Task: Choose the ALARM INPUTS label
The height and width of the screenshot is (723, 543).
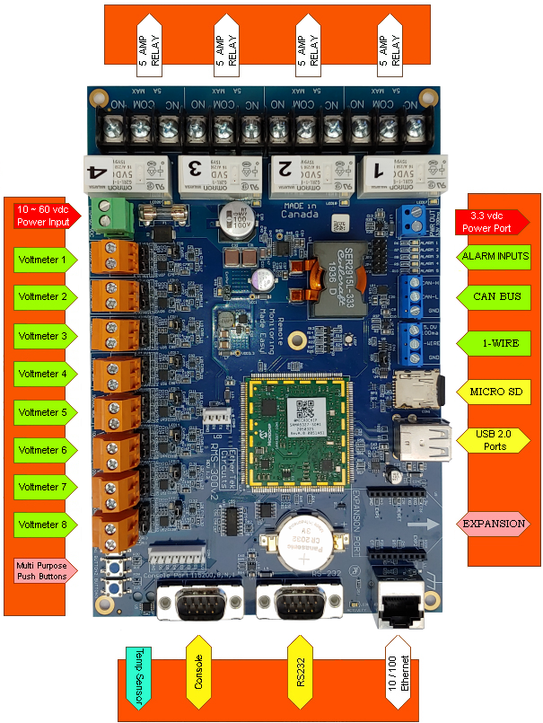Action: (495, 257)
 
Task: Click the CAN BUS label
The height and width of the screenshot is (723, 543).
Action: (495, 295)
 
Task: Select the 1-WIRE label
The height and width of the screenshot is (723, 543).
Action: (495, 343)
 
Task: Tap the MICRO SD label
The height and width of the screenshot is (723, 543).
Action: (495, 392)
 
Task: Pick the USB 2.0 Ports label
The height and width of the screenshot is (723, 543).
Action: (495, 440)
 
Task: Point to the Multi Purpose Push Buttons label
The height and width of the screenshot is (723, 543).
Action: (42, 570)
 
